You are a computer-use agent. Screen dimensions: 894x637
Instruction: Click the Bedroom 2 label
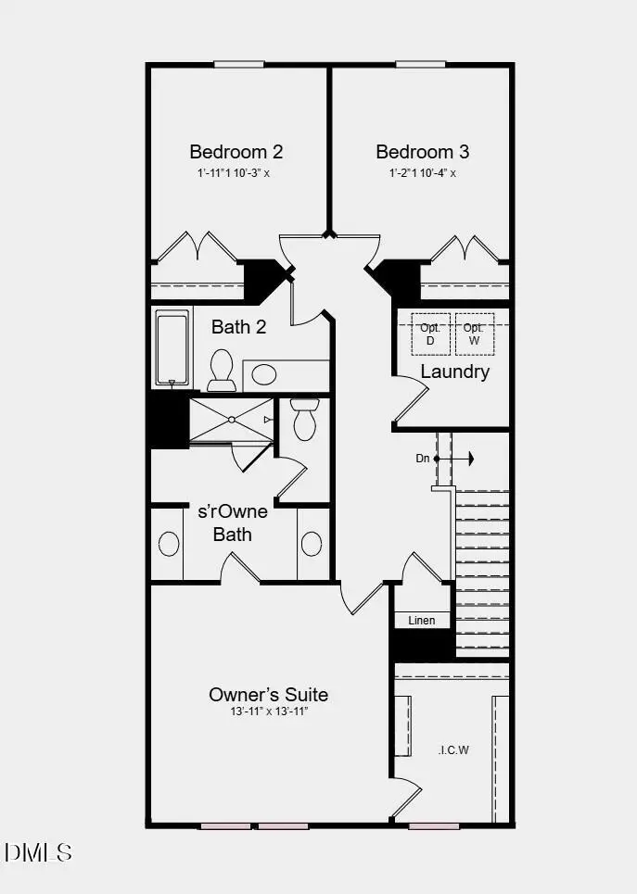[x=236, y=152]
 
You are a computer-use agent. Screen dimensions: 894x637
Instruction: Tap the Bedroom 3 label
[x=422, y=152]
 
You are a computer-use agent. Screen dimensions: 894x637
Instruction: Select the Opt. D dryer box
[x=429, y=334]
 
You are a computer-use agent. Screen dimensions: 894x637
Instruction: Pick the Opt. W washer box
[x=474, y=334]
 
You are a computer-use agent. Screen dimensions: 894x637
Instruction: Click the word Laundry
[x=454, y=371]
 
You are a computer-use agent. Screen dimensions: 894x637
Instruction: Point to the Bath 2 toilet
[x=222, y=371]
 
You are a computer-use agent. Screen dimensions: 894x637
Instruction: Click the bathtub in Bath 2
[x=172, y=349]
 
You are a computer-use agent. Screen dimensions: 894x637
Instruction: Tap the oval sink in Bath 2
[x=264, y=375]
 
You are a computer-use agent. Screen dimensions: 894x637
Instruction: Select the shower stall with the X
[x=231, y=421]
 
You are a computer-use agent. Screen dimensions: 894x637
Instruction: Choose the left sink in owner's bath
[x=169, y=544]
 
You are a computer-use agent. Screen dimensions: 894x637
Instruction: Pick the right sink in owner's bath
[x=312, y=544]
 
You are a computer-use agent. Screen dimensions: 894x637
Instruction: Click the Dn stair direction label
[x=423, y=459]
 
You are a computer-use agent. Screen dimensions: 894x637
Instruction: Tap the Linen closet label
[x=422, y=621]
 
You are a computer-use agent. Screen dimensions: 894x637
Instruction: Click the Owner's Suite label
[x=268, y=695]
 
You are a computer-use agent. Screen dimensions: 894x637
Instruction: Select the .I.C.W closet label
[x=453, y=749]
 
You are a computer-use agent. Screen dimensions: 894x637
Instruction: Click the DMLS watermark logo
[x=38, y=851]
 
